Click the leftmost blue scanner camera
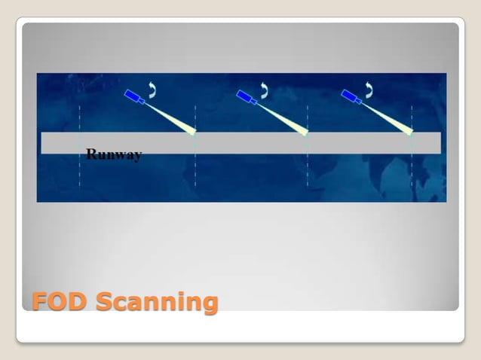pos(136,97)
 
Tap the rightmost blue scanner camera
pos(352,96)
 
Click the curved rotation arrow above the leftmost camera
pos(152,90)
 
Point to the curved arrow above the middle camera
pos(264,90)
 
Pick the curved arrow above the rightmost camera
pos(369,90)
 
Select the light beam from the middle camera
pos(283,118)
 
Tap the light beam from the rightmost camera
pos(388,117)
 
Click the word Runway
pos(114,155)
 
